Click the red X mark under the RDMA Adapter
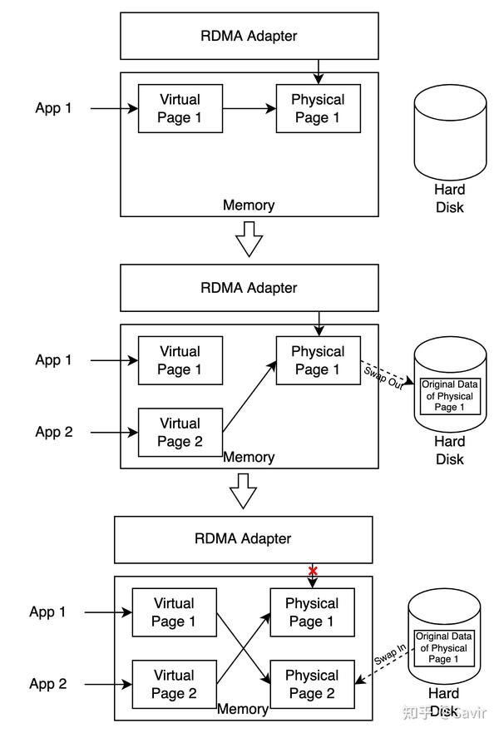coord(313,571)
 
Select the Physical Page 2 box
coord(312,684)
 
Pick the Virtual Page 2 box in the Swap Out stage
coord(180,433)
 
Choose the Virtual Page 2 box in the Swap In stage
coord(175,684)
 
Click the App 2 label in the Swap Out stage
coord(54,432)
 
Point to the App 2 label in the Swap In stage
coord(48,684)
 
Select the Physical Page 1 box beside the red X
coord(312,612)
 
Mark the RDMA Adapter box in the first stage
coord(249,36)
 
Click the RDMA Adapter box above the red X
coord(243,538)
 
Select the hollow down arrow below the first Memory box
coord(249,240)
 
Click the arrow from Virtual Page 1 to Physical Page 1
coord(249,108)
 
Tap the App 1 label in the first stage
coord(54,108)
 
